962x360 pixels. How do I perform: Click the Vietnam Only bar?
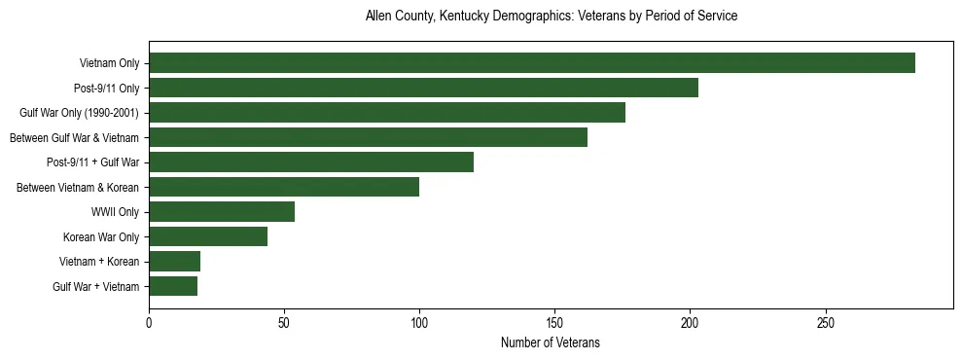532,63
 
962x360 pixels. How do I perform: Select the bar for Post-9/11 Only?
423,88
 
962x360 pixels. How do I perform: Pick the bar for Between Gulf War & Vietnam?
368,137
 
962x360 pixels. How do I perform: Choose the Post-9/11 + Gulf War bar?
311,162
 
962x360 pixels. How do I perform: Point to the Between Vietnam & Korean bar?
284,187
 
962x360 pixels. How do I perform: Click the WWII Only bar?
222,212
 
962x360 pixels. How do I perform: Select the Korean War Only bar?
208,236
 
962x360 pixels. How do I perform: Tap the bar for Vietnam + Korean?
175,261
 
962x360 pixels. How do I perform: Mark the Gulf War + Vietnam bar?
173,286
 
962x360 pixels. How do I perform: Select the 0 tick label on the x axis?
149,322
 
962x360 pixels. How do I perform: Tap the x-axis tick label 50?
284,322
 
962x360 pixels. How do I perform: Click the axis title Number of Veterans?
550,342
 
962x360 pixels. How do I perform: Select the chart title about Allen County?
551,17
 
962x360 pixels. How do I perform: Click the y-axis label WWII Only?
115,212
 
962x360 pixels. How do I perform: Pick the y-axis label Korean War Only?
101,236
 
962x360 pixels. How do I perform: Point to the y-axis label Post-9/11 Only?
106,89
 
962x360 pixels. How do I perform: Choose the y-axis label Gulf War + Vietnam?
96,286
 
